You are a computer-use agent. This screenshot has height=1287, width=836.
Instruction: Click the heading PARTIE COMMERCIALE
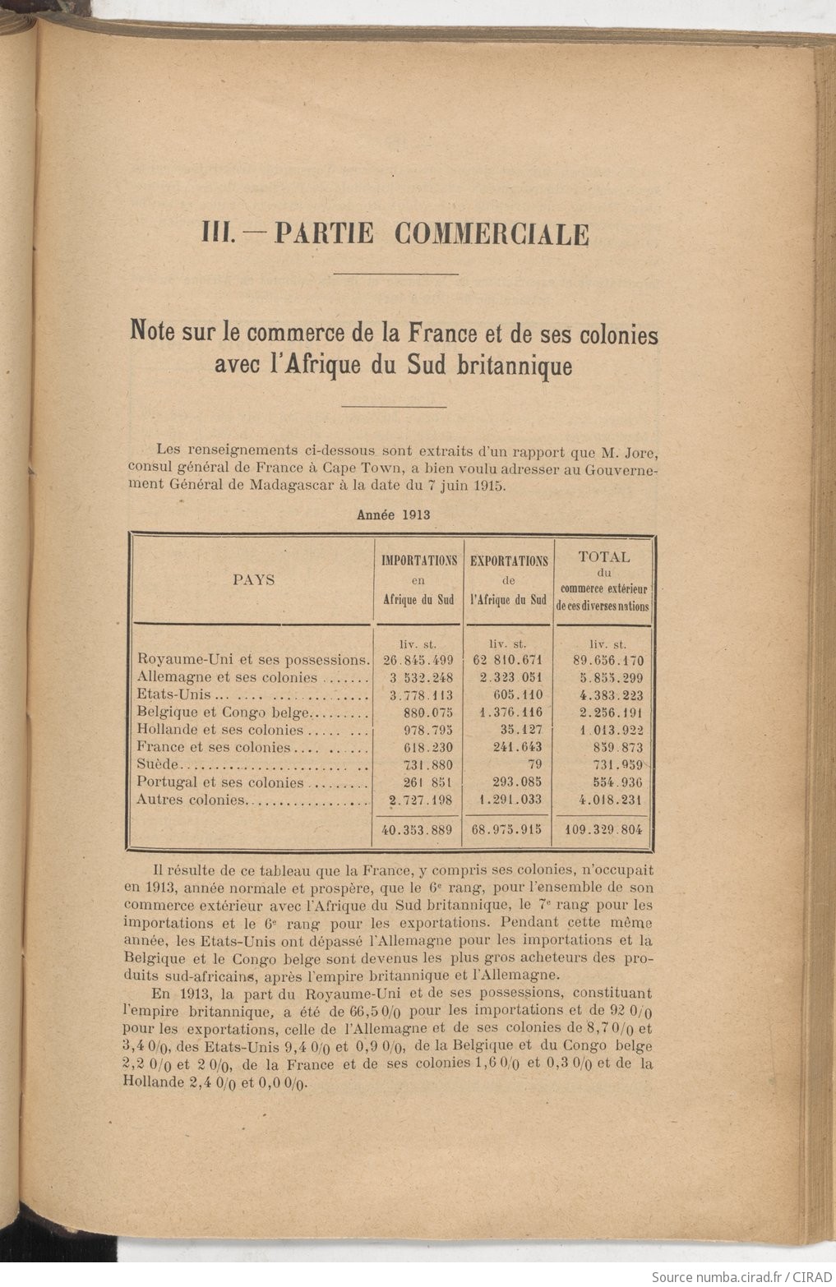[x=431, y=234]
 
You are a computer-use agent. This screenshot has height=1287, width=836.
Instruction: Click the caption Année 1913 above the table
[x=393, y=515]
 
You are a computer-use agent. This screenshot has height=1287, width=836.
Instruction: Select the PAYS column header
[x=254, y=579]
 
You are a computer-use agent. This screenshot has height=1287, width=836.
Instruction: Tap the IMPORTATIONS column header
[x=419, y=560]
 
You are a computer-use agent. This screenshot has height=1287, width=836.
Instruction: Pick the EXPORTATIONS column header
[x=509, y=560]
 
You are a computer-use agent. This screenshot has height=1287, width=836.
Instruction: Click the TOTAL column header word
[x=604, y=556]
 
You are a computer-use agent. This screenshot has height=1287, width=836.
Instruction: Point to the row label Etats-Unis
[x=168, y=695]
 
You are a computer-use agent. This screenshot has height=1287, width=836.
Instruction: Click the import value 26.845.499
[x=418, y=661]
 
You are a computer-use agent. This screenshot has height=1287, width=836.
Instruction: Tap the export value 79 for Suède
[x=534, y=764]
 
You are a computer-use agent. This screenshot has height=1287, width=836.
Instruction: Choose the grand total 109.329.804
[x=604, y=830]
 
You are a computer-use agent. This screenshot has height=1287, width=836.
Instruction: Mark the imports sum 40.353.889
[x=418, y=830]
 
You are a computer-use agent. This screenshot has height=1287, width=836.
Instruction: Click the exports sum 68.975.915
[x=507, y=830]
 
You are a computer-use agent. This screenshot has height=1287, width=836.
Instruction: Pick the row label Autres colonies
[x=192, y=799]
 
